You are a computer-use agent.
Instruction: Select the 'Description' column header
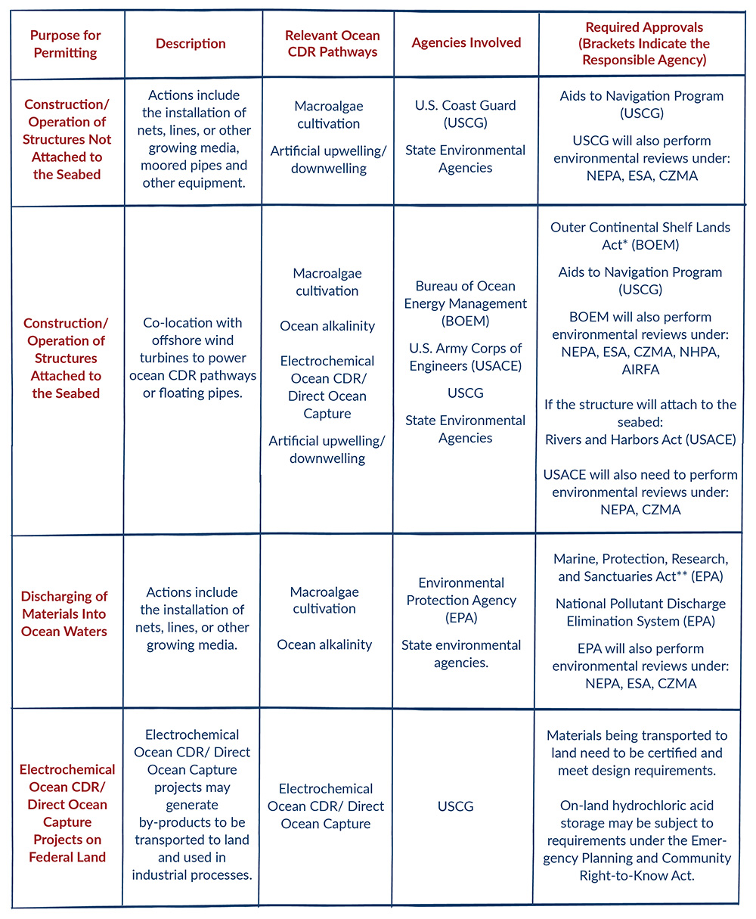click(191, 44)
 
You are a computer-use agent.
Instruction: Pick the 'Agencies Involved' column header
click(466, 42)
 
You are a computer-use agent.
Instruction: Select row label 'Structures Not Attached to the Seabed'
click(67, 139)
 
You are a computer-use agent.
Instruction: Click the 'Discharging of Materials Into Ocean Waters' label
click(64, 614)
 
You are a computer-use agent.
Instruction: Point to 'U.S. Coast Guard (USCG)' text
click(465, 114)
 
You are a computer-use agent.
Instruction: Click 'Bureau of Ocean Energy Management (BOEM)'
click(466, 303)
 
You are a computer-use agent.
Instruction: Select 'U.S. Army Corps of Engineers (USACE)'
click(466, 358)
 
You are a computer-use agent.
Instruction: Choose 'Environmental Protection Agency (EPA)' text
click(461, 601)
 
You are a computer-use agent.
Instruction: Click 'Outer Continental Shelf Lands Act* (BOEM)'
click(640, 236)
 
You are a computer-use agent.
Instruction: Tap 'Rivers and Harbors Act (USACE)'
click(640, 439)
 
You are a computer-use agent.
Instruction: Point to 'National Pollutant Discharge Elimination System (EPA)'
click(640, 613)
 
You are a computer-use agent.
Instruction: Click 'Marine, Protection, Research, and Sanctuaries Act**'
click(640, 568)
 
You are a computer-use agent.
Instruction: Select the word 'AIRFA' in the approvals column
click(640, 370)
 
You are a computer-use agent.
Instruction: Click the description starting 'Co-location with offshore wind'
click(191, 359)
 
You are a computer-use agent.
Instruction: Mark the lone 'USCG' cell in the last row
click(456, 806)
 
